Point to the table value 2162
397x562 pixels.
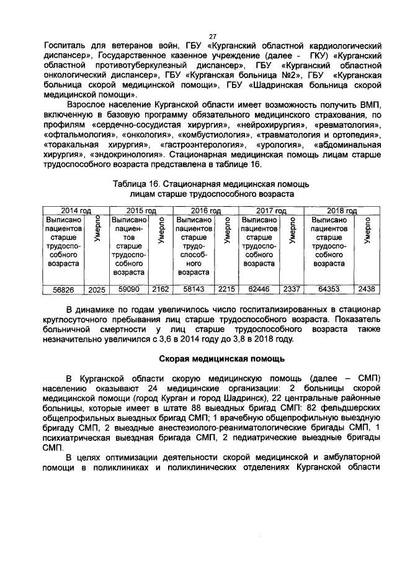[160, 289]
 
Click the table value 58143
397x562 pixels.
[194, 289]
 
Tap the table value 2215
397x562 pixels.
[226, 289]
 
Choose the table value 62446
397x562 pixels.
[259, 289]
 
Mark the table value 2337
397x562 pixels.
[291, 289]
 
